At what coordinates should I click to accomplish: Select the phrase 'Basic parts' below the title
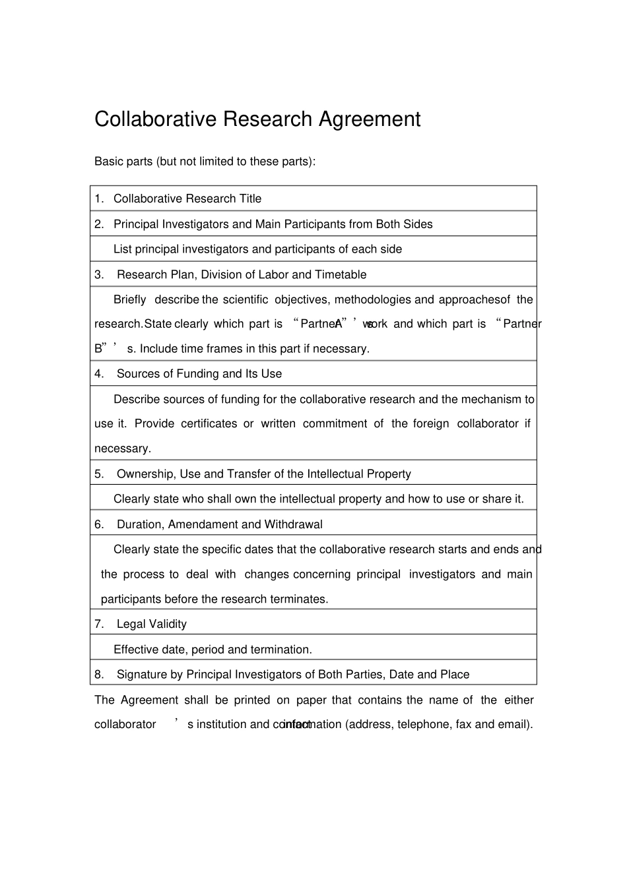click(123, 162)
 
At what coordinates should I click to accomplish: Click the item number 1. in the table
click(99, 199)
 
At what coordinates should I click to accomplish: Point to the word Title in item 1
click(250, 199)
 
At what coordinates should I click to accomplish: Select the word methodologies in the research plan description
click(373, 300)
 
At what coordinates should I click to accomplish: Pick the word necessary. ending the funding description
click(123, 448)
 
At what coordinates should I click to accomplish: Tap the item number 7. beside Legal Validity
click(99, 625)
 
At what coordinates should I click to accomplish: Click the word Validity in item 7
click(168, 625)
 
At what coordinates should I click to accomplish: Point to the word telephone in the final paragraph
click(422, 725)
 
